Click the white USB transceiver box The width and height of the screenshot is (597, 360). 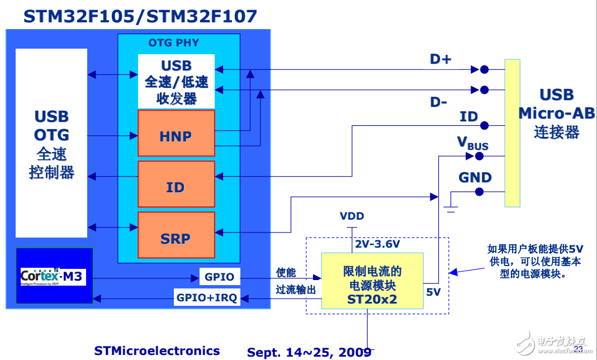pos(176,82)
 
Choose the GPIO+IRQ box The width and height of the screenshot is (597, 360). pos(206,298)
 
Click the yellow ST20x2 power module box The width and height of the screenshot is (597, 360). pos(372,281)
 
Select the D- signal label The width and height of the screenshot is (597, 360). pos(438,102)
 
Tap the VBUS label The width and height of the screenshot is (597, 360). pos(473,143)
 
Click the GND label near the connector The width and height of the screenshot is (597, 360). pos(475,178)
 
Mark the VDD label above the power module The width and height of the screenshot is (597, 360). pos(352,216)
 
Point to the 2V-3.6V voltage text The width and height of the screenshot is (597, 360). pos(377,244)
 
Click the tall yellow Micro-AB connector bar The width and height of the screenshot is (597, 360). pos(512,133)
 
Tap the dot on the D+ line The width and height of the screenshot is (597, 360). pos(484,70)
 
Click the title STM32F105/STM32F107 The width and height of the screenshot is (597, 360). pos(140,16)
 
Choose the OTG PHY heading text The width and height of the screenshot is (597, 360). pos(173,42)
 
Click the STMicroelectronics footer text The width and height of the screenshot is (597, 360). pos(157,350)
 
